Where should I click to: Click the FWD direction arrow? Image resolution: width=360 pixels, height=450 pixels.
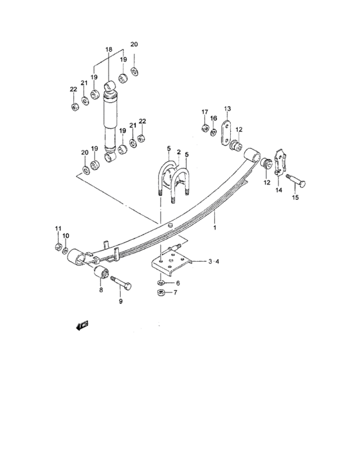coord(82,325)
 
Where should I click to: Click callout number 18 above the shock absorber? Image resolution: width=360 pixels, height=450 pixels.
coord(109,50)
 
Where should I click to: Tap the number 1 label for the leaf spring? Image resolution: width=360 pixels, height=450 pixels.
coord(215,228)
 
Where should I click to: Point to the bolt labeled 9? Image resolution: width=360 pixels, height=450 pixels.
coord(121,283)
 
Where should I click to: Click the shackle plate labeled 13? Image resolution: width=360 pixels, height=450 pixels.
coord(226,133)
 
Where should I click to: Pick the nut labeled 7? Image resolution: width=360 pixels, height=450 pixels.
coord(161,293)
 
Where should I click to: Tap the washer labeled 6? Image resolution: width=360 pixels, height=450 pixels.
coord(161,283)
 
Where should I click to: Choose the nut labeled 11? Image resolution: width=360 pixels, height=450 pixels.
coord(59,246)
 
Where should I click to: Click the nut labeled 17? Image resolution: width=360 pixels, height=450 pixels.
coord(205,128)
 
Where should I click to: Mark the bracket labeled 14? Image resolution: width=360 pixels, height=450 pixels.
coord(280,162)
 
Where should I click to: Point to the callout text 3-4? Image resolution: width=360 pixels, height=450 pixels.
coord(213,262)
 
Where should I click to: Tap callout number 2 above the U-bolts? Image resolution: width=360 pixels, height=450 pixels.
coord(179,152)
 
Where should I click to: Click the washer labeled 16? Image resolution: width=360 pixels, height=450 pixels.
coord(213,132)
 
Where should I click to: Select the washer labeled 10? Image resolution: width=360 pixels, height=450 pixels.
coord(65,251)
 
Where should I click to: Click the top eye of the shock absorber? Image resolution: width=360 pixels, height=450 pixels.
coord(110,85)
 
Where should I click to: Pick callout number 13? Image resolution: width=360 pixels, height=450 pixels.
coord(228,109)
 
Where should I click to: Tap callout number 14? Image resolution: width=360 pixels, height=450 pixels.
coord(279,190)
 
